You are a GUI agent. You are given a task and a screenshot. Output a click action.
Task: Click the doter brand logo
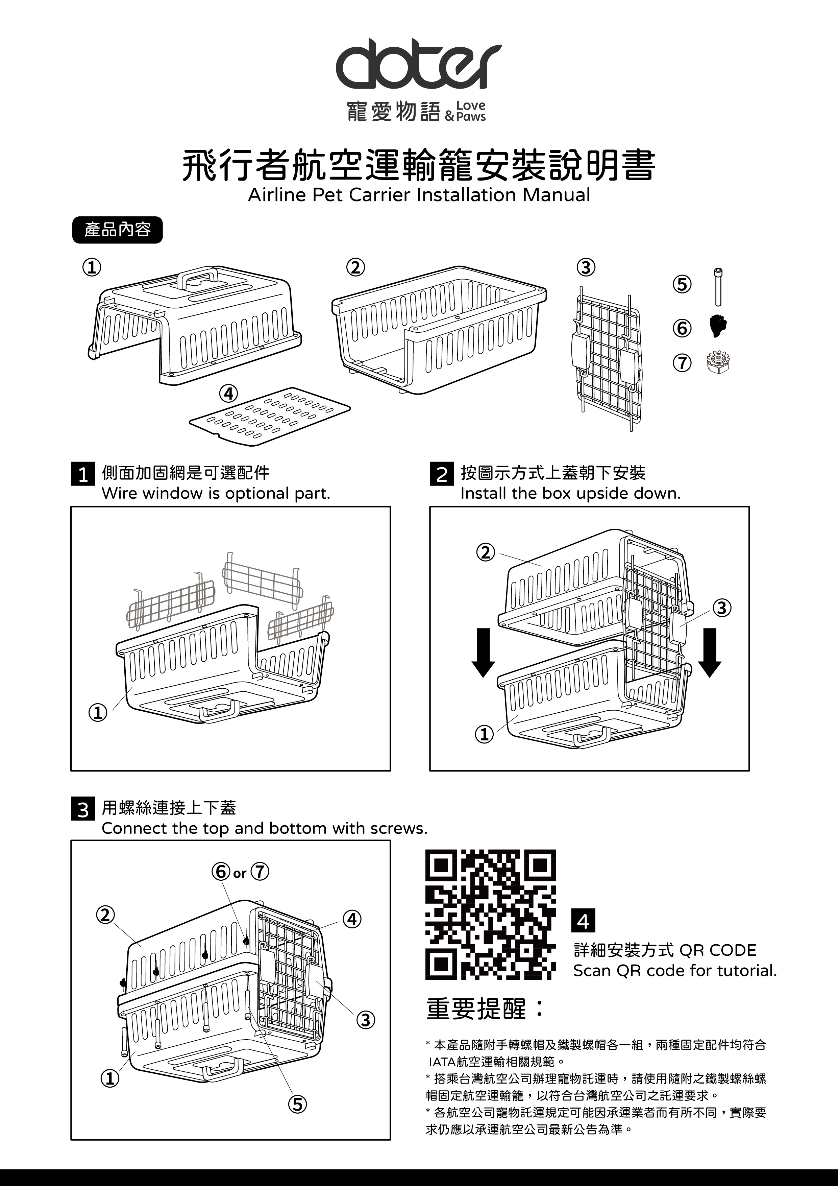click(x=418, y=67)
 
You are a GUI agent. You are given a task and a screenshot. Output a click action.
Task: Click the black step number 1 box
click(x=82, y=474)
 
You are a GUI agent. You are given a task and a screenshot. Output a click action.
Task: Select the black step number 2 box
click(x=441, y=474)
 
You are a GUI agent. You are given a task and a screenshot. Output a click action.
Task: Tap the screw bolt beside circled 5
click(x=718, y=287)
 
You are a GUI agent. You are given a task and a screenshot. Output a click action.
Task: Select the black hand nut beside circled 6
click(x=718, y=326)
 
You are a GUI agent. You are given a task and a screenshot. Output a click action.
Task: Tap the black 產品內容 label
click(x=117, y=230)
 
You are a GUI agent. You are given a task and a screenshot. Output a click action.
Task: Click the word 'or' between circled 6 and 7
click(x=240, y=874)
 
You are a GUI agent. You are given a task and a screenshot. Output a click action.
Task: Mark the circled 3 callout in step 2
click(x=722, y=608)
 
